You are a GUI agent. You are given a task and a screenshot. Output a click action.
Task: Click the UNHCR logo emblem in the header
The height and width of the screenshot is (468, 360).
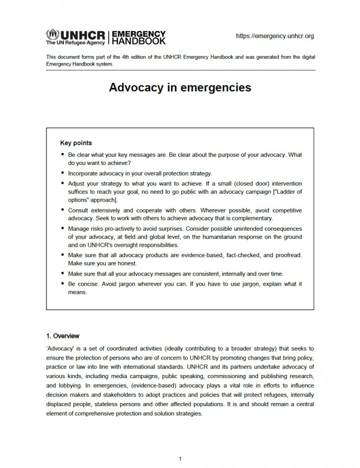pos(52,34)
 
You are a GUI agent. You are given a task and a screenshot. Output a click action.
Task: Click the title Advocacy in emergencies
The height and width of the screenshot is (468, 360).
pos(180,88)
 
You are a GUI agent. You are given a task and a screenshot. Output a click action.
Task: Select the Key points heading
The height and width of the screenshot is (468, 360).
pos(76,143)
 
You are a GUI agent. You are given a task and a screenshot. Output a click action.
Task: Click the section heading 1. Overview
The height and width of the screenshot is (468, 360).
pos(62,336)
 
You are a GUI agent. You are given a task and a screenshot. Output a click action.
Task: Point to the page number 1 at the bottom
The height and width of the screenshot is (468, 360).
pos(180,458)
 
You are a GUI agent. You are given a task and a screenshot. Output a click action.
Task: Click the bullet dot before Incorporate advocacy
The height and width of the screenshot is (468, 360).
pos(62,174)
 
